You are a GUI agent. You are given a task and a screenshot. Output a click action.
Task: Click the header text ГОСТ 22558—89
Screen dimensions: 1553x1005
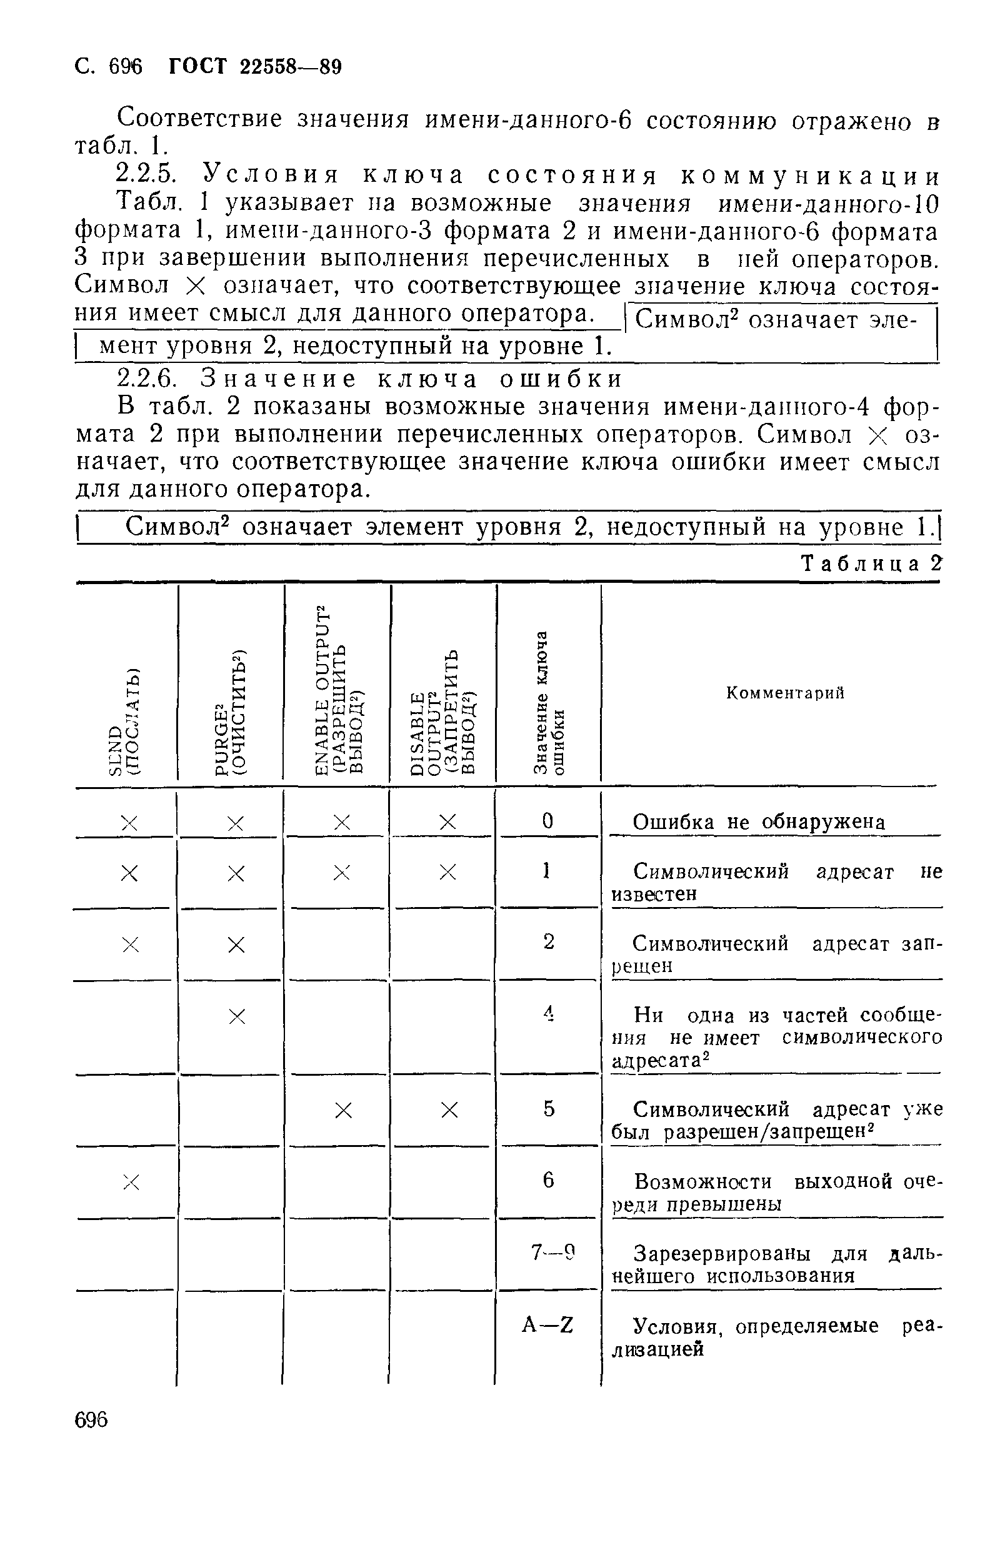[x=255, y=67]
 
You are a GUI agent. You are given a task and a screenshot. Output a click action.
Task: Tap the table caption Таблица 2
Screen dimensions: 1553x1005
[x=871, y=563]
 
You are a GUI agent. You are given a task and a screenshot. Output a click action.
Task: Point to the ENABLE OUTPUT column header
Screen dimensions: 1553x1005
[x=337, y=692]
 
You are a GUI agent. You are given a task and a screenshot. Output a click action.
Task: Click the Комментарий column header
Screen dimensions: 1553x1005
[x=785, y=693]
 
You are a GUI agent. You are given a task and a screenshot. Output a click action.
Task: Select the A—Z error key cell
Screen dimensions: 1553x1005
[x=547, y=1326]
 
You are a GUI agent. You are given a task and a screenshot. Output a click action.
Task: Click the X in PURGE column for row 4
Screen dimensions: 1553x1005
[x=237, y=1016]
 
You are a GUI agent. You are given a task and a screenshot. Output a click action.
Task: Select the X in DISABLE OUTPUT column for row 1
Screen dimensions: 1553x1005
[x=447, y=872]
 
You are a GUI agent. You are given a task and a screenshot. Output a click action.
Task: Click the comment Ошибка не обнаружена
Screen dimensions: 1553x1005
[x=759, y=823]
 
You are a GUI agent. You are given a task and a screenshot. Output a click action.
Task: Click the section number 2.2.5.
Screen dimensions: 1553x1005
[x=146, y=175]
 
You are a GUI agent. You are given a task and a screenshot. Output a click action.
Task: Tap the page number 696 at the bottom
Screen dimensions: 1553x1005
[x=91, y=1420]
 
